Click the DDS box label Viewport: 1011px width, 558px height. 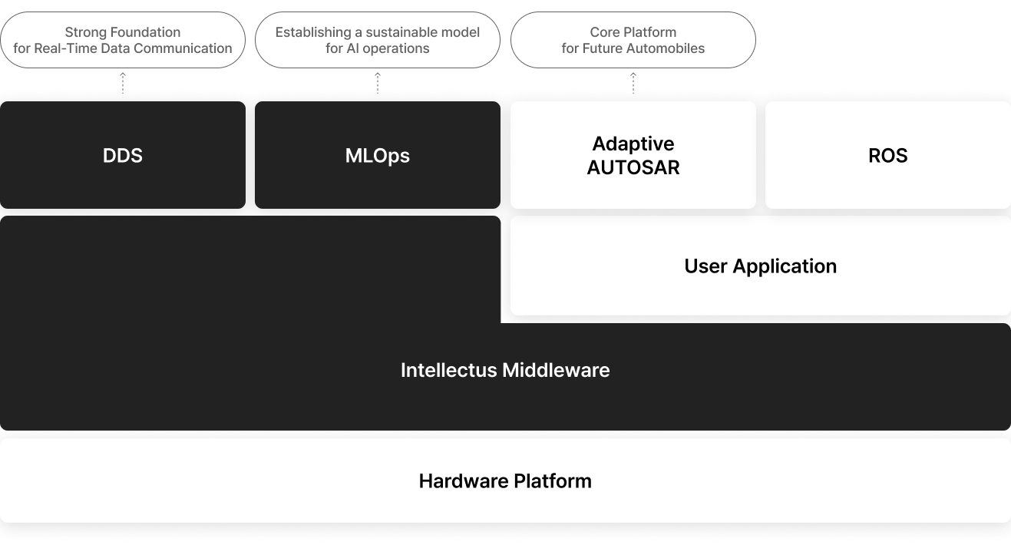pyautogui.click(x=122, y=156)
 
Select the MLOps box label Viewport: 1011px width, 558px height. pyautogui.click(x=378, y=156)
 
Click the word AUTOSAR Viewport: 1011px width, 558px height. pyautogui.click(x=633, y=168)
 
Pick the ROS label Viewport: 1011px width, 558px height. pyautogui.click(x=887, y=156)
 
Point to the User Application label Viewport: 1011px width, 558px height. pyautogui.click(x=761, y=266)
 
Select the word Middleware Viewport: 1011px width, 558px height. pyautogui.click(x=556, y=371)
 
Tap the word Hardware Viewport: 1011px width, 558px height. pyautogui.click(x=464, y=481)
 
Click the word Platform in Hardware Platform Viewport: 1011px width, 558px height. pyautogui.click(x=553, y=481)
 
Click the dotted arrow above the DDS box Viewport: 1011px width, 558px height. pyautogui.click(x=122, y=83)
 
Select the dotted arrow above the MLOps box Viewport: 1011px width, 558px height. pyautogui.click(x=378, y=83)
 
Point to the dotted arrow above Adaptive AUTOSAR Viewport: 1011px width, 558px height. pyautogui.click(x=633, y=83)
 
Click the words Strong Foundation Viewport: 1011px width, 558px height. pyautogui.click(x=123, y=32)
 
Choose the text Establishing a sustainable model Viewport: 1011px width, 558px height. pyautogui.click(x=378, y=32)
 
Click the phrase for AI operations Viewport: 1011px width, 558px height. pyautogui.click(x=378, y=48)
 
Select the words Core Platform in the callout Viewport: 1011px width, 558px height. pyautogui.click(x=633, y=32)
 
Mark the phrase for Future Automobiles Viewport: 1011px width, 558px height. pyautogui.click(x=633, y=48)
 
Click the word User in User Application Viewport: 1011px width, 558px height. pyautogui.click(x=705, y=266)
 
